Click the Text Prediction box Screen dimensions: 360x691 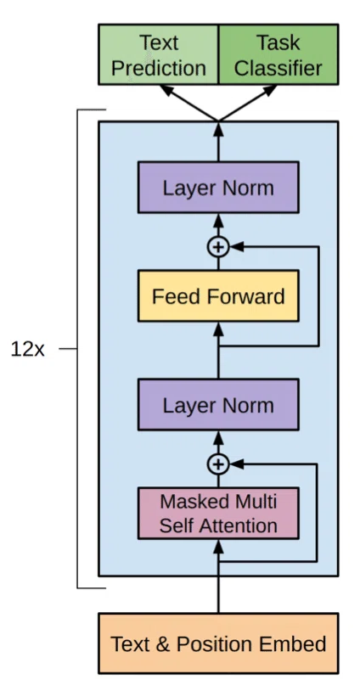[158, 54]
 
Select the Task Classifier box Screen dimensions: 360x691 [278, 54]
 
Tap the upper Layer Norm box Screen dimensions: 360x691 [218, 188]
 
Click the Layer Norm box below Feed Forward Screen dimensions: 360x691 [218, 405]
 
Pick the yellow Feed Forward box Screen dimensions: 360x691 [218, 296]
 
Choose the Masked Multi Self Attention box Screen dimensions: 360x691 [218, 513]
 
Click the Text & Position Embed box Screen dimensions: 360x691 [218, 643]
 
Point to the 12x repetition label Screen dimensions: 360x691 [27, 350]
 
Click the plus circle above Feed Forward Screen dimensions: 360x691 [218, 247]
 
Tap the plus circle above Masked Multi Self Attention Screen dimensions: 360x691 [218, 464]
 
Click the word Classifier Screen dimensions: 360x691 [278, 68]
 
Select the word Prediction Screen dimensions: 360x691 [159, 68]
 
